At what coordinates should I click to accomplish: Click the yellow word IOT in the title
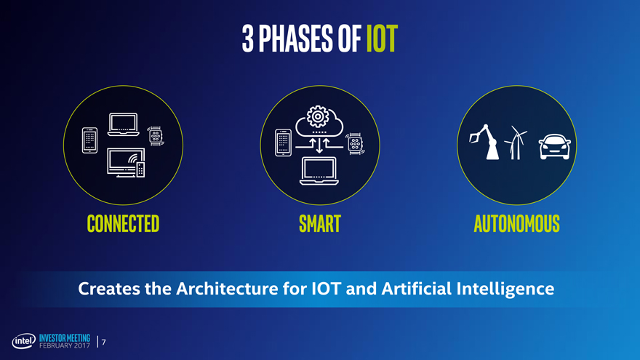[x=382, y=39]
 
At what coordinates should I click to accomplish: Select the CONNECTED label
[x=123, y=224]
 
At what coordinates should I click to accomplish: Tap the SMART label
[x=320, y=224]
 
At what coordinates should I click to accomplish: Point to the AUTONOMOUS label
[x=517, y=224]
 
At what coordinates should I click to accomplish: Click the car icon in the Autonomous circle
[x=554, y=146]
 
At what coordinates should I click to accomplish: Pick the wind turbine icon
[x=516, y=143]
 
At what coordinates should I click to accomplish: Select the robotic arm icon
[x=484, y=142]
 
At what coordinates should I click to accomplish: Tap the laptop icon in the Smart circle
[x=319, y=171]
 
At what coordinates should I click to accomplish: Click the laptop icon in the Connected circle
[x=123, y=124]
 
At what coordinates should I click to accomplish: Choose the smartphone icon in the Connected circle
[x=89, y=140]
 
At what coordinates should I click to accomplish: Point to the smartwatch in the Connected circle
[x=156, y=136]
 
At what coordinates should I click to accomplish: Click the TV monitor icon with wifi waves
[x=126, y=162]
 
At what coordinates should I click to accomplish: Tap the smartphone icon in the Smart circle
[x=283, y=143]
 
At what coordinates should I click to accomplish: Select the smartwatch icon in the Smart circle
[x=355, y=143]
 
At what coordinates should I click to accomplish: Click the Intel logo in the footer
[x=24, y=341]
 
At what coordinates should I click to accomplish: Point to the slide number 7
[x=104, y=342]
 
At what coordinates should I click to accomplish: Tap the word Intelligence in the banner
[x=505, y=289]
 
